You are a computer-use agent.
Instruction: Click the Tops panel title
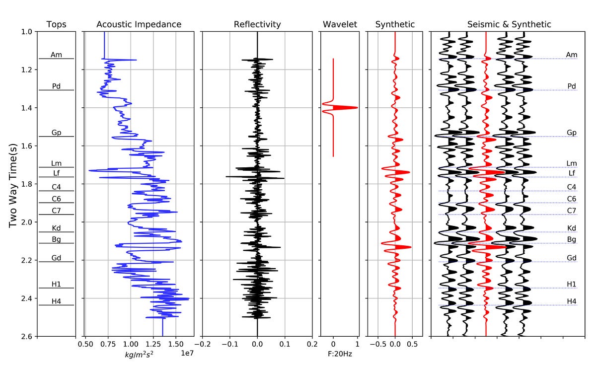56,24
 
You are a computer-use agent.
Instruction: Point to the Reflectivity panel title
257,24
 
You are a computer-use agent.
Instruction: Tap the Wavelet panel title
340,24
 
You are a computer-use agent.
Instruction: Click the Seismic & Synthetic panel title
509,24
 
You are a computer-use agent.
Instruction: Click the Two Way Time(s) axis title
13,184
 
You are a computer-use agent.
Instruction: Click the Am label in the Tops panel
56,55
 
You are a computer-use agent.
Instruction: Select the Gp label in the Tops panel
56,133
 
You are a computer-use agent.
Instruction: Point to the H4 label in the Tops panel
56,301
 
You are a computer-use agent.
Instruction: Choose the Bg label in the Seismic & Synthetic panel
572,239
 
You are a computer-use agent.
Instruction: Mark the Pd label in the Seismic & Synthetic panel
572,86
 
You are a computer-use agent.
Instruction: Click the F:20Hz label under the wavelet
339,355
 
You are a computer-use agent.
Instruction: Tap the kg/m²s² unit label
139,355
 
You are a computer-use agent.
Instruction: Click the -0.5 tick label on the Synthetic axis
377,344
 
